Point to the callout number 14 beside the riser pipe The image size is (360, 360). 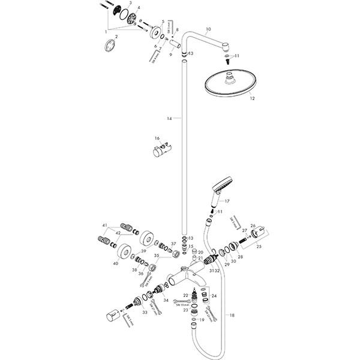pyautogui.click(x=170, y=119)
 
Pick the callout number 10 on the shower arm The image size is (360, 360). pyautogui.click(x=208, y=29)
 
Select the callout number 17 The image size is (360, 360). pyautogui.click(x=227, y=202)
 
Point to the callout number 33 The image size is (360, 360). pyautogui.click(x=145, y=312)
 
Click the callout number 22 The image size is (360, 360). pyautogui.click(x=185, y=296)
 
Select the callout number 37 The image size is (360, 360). pyautogui.click(x=173, y=244)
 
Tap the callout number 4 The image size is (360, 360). pyautogui.click(x=139, y=8)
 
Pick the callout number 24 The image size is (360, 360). pyautogui.click(x=214, y=295)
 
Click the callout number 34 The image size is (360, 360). pyautogui.click(x=166, y=300)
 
